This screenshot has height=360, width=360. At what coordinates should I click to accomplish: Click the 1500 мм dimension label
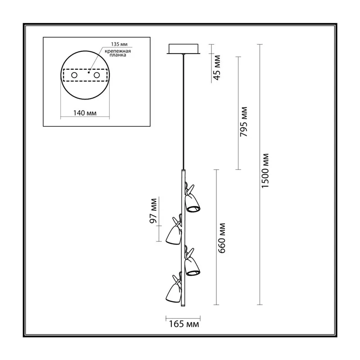[x=265, y=171]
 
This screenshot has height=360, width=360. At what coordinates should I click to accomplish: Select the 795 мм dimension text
[x=243, y=121]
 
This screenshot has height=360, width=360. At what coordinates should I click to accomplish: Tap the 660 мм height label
[x=222, y=238]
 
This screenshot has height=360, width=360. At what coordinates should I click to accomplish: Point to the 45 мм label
[x=217, y=68]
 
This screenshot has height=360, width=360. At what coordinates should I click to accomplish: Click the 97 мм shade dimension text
[x=153, y=211]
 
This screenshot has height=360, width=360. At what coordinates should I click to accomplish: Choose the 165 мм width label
[x=184, y=324]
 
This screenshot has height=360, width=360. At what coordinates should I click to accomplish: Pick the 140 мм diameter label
[x=85, y=113]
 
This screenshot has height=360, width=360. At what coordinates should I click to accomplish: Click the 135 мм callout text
[x=119, y=44]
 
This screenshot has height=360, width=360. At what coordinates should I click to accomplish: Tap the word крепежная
[x=118, y=51]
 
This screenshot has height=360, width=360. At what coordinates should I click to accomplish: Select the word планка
[x=118, y=55]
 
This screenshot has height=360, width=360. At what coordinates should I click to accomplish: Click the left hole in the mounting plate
[x=74, y=75]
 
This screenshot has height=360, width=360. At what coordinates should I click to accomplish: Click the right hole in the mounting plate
[x=97, y=75]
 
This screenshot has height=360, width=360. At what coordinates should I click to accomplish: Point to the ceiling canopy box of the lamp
[x=184, y=49]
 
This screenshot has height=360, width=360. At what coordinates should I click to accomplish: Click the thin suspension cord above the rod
[x=183, y=112]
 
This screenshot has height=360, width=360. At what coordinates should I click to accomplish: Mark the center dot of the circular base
[x=89, y=72]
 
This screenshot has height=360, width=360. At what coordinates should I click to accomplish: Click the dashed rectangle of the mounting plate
[x=85, y=69]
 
